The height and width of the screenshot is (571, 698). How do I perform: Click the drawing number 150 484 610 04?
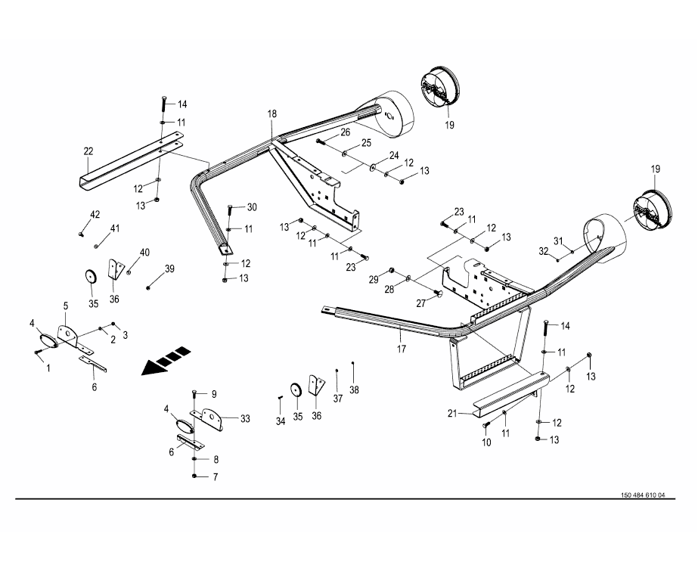pyautogui.click(x=643, y=495)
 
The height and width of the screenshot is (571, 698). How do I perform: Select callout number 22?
pyautogui.click(x=88, y=151)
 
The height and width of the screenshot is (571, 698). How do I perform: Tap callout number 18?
pyautogui.click(x=271, y=113)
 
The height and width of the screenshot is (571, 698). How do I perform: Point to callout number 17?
pyautogui.click(x=402, y=349)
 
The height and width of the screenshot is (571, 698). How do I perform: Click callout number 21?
pyautogui.click(x=453, y=414)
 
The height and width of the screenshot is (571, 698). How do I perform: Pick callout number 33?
pyautogui.click(x=245, y=418)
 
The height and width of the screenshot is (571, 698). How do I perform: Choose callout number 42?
pyautogui.click(x=95, y=216)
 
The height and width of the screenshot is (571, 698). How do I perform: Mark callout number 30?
pyautogui.click(x=252, y=207)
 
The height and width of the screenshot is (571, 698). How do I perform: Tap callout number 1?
pyautogui.click(x=48, y=368)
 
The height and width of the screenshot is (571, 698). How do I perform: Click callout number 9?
pyautogui.click(x=214, y=393)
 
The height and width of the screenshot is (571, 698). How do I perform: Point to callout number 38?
pyautogui.click(x=355, y=389)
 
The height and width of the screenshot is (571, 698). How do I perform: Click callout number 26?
pyautogui.click(x=345, y=132)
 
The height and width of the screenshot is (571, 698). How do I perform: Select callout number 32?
pyautogui.click(x=543, y=250)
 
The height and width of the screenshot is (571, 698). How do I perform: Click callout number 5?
pyautogui.click(x=66, y=306)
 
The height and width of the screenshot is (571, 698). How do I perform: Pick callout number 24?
pyautogui.click(x=394, y=155)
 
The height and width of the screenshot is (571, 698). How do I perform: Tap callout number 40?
pyautogui.click(x=144, y=252)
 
